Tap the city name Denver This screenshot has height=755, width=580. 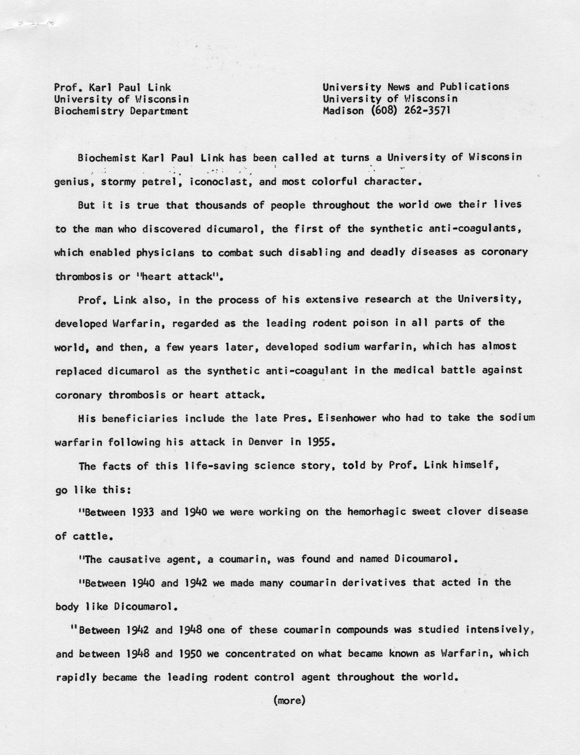pyautogui.click(x=264, y=442)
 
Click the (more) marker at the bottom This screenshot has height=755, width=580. pyautogui.click(x=289, y=700)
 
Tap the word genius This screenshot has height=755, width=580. pyautogui.click(x=73, y=182)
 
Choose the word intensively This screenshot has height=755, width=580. pyautogui.click(x=500, y=630)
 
